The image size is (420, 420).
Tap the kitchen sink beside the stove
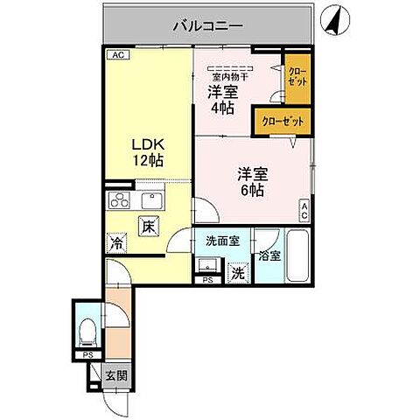[148, 199]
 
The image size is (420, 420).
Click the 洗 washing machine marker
[237, 272]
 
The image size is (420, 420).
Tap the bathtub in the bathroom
[297, 257]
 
